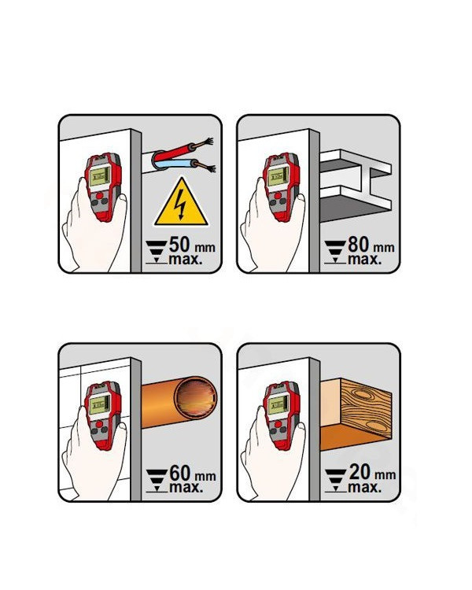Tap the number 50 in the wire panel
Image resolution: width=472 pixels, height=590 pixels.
[x=179, y=245]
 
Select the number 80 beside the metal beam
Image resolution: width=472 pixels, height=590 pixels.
[x=359, y=245]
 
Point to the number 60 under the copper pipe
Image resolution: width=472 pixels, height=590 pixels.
[x=180, y=473]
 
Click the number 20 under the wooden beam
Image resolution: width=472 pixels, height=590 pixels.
[x=360, y=472]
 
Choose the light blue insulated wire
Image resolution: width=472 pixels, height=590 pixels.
[x=178, y=164]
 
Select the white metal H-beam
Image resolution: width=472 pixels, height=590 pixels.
[x=356, y=180]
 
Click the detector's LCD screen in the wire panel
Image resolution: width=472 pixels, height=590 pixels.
[x=99, y=176]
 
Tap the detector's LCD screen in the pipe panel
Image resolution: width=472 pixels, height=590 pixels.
[x=99, y=405]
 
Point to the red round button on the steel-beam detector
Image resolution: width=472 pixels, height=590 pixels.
[x=278, y=196]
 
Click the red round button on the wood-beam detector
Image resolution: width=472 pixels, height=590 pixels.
[x=278, y=425]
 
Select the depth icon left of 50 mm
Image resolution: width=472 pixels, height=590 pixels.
[x=157, y=252]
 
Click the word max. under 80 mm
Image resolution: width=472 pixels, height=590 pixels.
[x=364, y=260]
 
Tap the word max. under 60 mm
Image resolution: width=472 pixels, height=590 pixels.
[x=186, y=488]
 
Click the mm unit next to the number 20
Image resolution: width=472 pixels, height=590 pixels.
[x=385, y=476]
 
